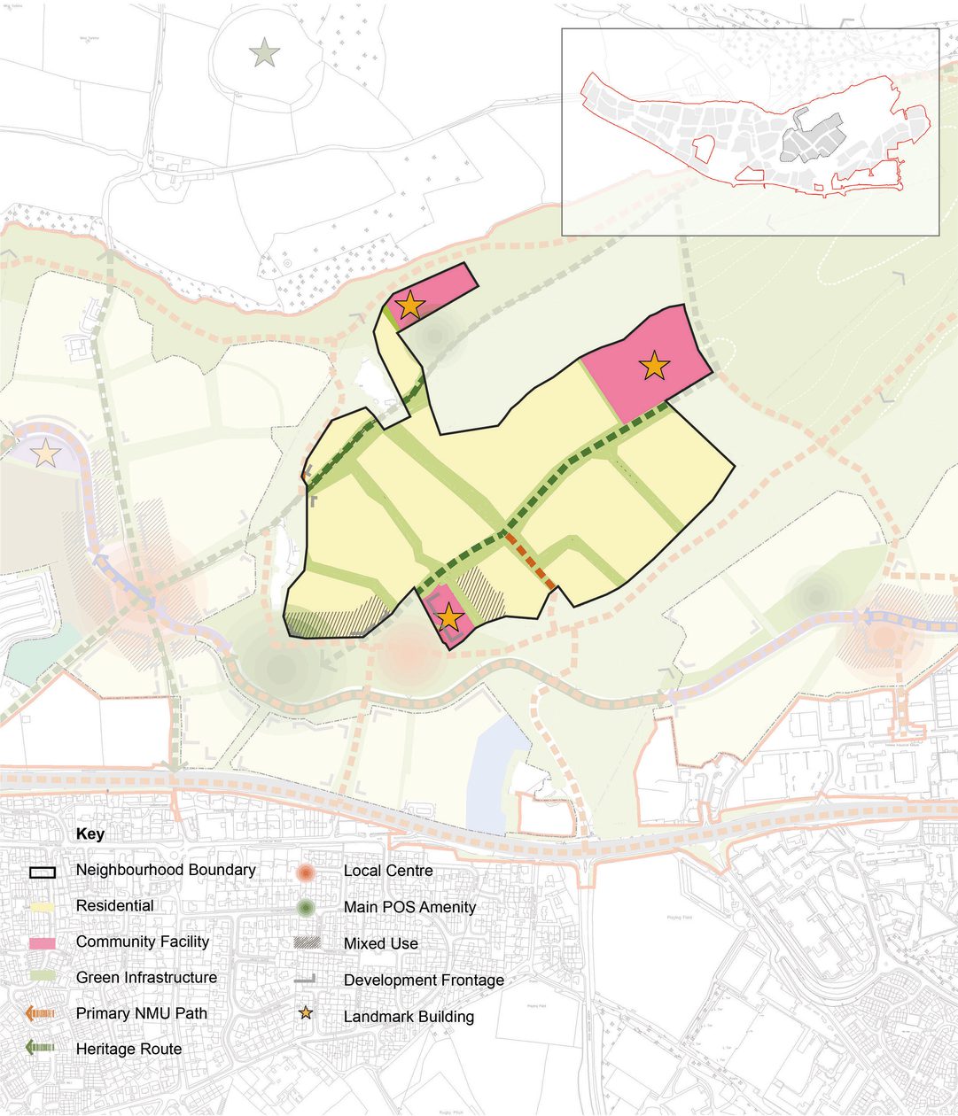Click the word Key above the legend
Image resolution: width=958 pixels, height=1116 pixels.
coord(90,834)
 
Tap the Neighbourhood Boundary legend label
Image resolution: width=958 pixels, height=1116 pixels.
coord(166,870)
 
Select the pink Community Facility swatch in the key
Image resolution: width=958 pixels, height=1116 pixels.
coord(42,942)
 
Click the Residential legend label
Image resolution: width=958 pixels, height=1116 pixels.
coord(115,906)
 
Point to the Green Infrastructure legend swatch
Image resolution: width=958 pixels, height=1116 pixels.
coord(42,978)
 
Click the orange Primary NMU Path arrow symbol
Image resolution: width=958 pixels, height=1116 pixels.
coord(42,1013)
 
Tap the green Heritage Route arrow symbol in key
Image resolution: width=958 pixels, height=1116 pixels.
coord(42,1049)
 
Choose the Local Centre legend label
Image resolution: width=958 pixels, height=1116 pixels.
coord(388,871)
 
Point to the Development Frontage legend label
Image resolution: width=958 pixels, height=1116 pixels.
coord(424,980)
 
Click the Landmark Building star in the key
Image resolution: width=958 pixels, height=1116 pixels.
coord(306,1013)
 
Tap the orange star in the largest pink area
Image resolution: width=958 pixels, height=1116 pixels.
coord(654,365)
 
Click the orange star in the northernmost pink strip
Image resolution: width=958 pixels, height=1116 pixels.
coord(409,306)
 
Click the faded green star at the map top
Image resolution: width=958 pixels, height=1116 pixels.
coord(265,54)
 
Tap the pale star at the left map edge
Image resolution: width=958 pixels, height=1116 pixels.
coord(46,454)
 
